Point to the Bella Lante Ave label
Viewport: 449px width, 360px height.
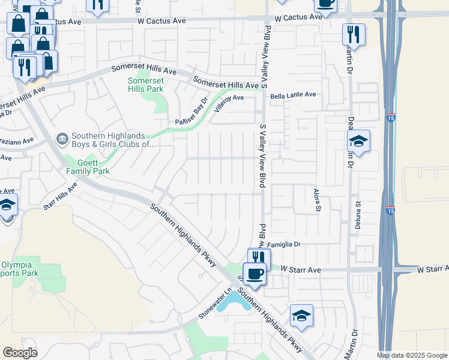293,95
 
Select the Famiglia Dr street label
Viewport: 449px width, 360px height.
284,245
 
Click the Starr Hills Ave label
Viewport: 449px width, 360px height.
60,196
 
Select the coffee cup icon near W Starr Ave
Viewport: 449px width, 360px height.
255,275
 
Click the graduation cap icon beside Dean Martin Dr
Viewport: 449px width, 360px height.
358,142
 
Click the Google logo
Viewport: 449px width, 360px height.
20,353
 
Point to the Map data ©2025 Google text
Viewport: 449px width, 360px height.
412,355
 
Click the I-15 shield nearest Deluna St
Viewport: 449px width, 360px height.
390,211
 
